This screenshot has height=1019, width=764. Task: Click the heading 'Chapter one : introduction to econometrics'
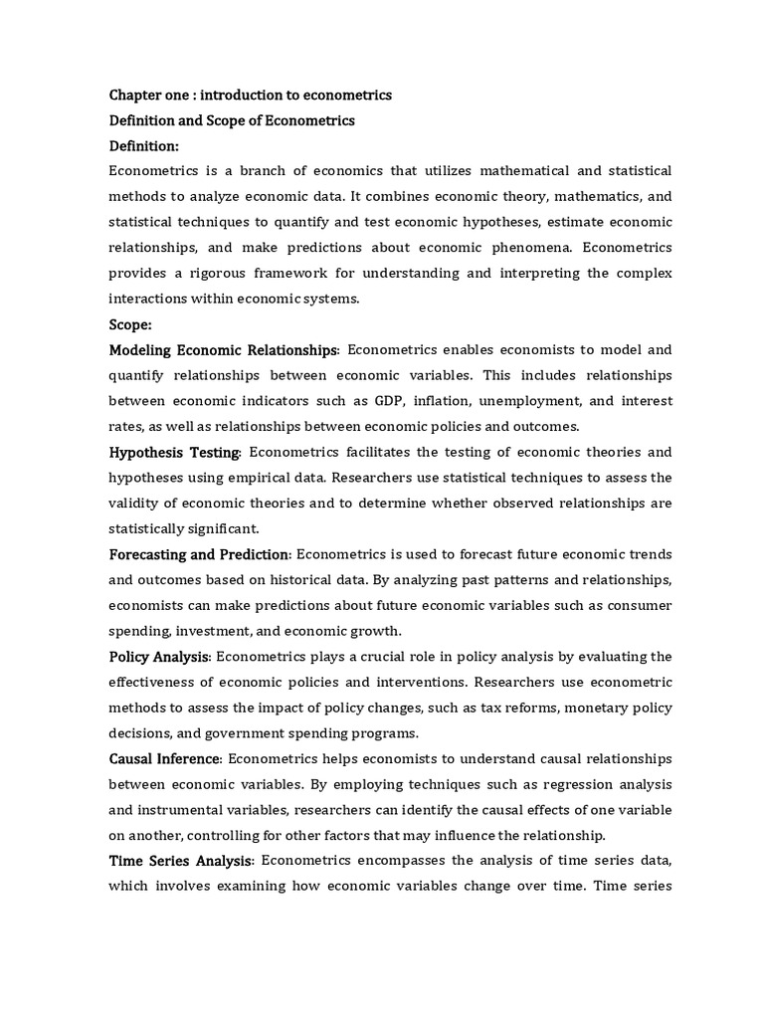[x=250, y=96]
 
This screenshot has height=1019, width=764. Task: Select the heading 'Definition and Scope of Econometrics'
[x=232, y=121]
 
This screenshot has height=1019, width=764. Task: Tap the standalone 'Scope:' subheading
[x=131, y=324]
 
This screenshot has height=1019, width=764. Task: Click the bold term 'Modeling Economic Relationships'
[x=223, y=350]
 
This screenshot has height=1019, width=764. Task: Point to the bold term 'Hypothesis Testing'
[x=174, y=453]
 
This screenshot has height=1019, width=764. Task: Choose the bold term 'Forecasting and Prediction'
[x=199, y=554]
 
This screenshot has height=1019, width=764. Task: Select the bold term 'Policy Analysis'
[x=159, y=657]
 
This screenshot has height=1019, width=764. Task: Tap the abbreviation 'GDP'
[x=390, y=401]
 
